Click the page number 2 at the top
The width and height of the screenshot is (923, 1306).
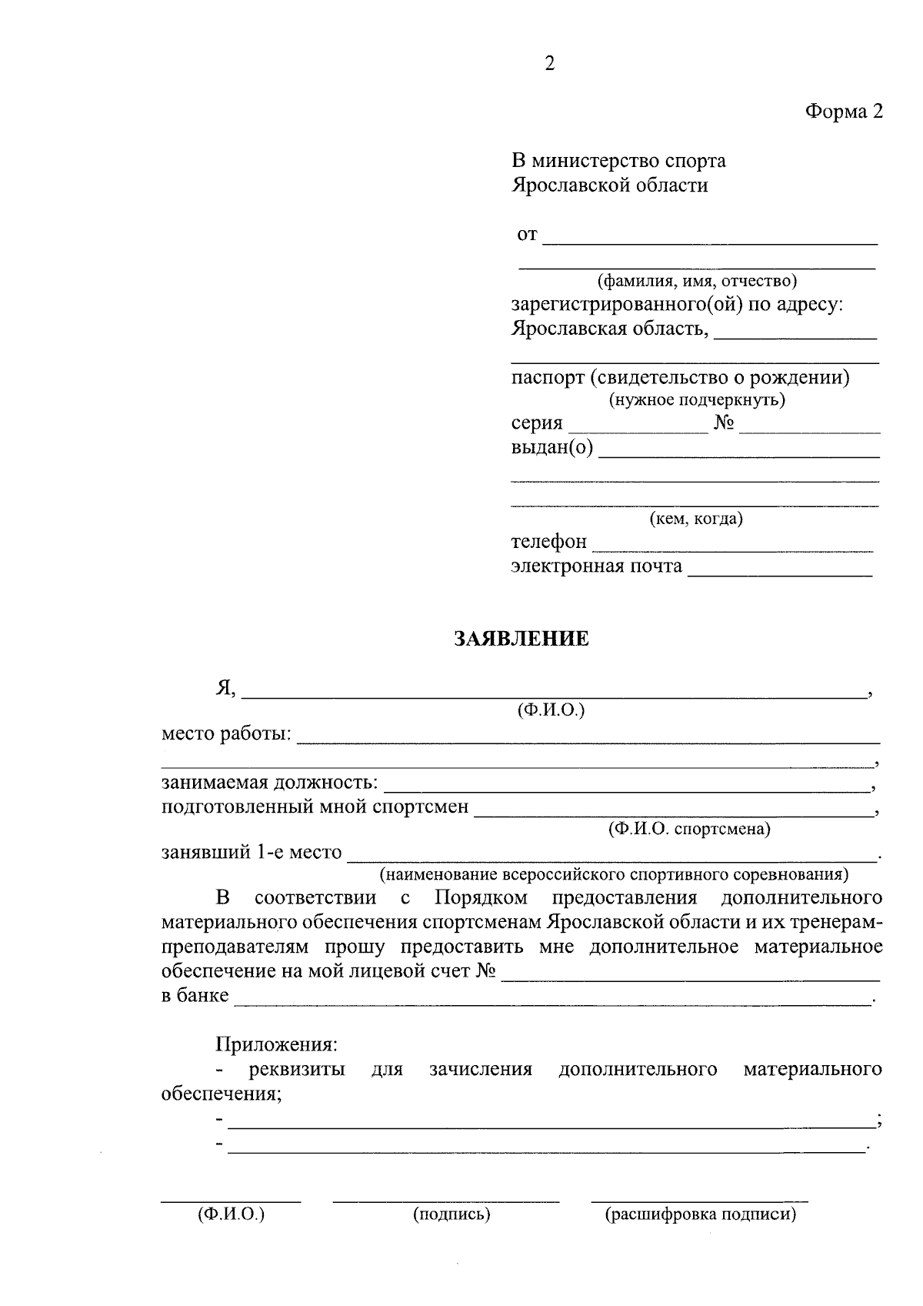tap(549, 64)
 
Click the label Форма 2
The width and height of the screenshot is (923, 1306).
tap(844, 112)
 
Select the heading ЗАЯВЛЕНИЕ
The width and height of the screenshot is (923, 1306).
tap(521, 639)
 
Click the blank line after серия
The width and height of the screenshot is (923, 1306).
tap(638, 431)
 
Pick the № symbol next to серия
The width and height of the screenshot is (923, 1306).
tap(724, 423)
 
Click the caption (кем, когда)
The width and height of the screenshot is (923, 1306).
tap(696, 519)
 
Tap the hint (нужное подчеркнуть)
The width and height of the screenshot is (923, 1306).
tap(697, 399)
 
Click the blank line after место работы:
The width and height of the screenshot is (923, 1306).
tap(588, 741)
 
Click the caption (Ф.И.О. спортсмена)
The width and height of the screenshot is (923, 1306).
tap(688, 829)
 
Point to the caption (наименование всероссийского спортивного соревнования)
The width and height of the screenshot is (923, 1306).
tap(614, 875)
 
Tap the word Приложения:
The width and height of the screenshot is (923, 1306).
tap(276, 1044)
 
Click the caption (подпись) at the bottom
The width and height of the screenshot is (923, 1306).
tap(452, 1214)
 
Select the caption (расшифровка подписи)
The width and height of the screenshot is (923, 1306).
tap(700, 1214)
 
